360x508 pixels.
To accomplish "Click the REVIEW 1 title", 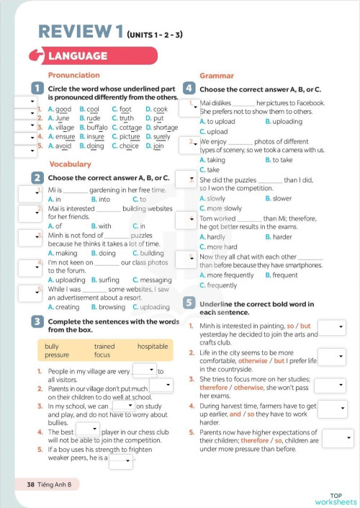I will coord(79,31).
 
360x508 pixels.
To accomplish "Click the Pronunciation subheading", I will coord(73,75).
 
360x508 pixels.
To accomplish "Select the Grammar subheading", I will coord(216,75).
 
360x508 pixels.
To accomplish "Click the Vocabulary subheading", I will coord(69,164).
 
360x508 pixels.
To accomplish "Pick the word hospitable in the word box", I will coord(153,346).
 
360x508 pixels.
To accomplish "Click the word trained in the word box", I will coord(104,346).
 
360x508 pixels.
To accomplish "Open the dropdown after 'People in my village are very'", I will coord(144,369).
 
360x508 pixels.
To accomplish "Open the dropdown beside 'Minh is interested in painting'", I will coord(332,328).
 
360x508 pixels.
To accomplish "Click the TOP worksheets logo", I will coord(336,499).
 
